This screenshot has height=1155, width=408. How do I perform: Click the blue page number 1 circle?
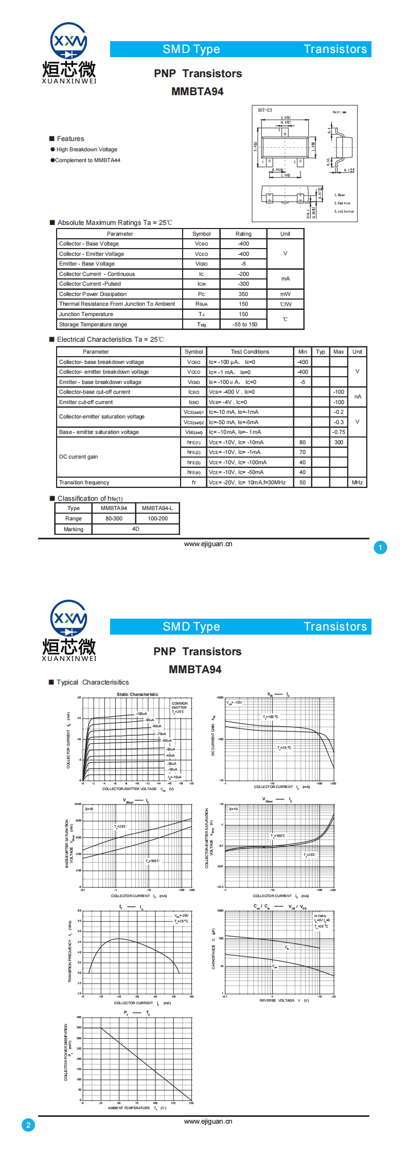[380, 548]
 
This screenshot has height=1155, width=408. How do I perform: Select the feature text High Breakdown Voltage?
[86, 149]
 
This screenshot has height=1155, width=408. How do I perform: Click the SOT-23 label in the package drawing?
[265, 110]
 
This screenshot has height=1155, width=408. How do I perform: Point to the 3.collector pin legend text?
[344, 211]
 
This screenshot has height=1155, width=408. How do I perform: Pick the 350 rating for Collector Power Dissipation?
[243, 294]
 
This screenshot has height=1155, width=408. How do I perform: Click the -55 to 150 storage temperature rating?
[244, 324]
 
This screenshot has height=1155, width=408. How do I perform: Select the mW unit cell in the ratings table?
[285, 294]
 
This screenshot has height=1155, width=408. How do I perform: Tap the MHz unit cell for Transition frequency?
[357, 482]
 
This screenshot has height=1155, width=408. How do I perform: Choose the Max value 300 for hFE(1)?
[339, 442]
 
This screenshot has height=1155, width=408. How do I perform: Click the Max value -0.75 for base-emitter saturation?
[339, 432]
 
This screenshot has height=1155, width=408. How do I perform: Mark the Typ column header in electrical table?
[321, 352]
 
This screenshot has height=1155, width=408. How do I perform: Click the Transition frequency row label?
[84, 482]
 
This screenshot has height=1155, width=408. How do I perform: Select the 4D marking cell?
[135, 529]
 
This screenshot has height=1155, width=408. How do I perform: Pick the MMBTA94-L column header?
[157, 508]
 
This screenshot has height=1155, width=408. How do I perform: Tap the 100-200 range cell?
[157, 518]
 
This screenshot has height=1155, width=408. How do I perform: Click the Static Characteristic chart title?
[137, 694]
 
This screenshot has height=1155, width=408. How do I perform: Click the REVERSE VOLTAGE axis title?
[277, 1000]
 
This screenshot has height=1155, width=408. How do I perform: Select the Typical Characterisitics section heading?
[93, 682]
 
